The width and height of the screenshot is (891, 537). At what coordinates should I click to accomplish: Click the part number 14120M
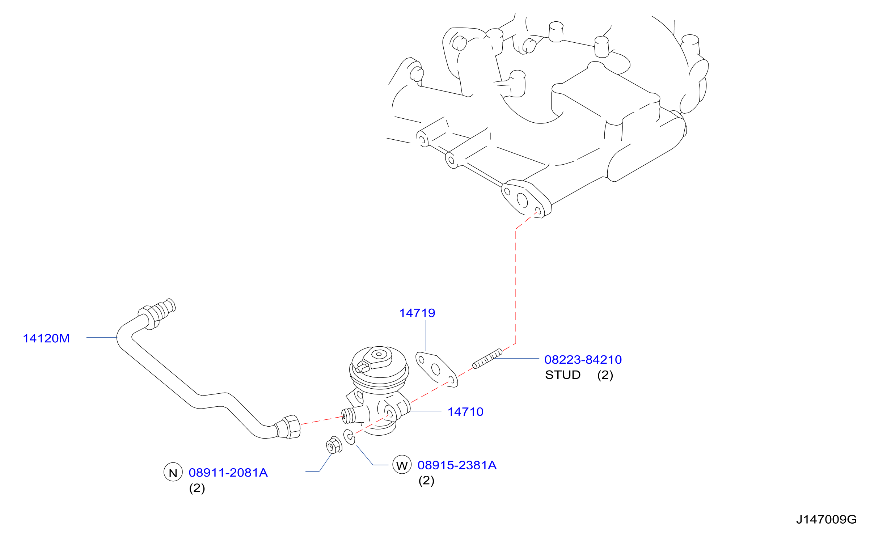[46, 338]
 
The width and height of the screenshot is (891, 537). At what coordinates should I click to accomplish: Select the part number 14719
[417, 313]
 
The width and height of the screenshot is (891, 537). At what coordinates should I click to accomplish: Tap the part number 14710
[465, 412]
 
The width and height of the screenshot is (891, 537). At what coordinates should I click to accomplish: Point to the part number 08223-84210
[583, 360]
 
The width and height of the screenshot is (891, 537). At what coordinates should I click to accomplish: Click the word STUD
[563, 375]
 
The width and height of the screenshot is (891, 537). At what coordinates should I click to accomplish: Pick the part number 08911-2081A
[228, 473]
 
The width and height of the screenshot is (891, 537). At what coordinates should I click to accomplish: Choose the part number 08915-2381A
[457, 465]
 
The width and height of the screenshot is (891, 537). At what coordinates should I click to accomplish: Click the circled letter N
[173, 472]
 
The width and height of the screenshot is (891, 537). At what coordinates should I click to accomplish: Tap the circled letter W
[402, 465]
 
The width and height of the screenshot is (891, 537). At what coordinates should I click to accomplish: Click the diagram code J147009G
[826, 520]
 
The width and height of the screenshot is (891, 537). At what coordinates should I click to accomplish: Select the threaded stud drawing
[487, 359]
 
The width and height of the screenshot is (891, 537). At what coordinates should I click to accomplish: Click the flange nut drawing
[334, 445]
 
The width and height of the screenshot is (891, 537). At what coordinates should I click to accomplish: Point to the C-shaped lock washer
[349, 437]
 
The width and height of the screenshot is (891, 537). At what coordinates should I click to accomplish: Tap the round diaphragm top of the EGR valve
[379, 366]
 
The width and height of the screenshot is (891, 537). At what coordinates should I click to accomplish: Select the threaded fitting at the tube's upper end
[157, 313]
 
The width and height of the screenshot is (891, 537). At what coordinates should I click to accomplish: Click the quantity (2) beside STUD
[605, 375]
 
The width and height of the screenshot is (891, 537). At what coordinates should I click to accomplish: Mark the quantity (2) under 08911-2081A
[197, 489]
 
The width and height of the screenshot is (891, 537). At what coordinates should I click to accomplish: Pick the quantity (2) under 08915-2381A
[426, 481]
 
